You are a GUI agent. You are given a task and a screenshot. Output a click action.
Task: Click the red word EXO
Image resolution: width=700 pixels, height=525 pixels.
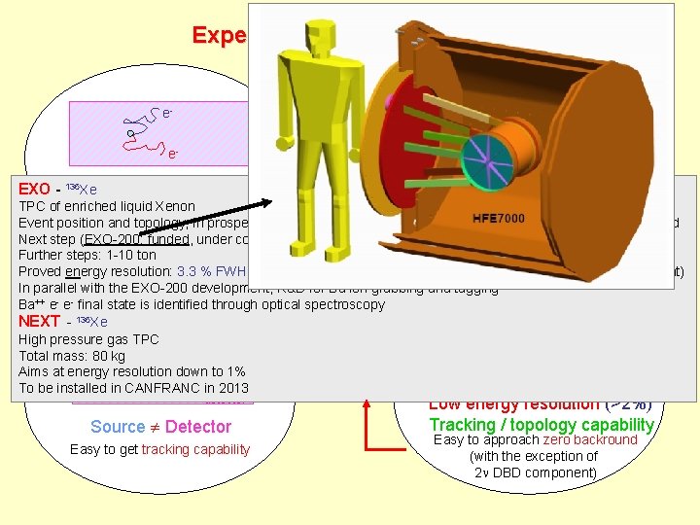(x=34, y=189)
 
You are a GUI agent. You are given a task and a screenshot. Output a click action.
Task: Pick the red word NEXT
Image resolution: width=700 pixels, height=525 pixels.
(x=40, y=321)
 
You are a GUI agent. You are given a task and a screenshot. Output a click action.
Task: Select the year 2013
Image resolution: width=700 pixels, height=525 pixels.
(x=232, y=387)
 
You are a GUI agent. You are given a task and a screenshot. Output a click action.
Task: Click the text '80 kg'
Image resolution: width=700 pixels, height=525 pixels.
(x=105, y=355)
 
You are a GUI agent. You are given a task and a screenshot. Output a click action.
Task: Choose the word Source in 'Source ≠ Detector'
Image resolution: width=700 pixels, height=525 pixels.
(x=118, y=426)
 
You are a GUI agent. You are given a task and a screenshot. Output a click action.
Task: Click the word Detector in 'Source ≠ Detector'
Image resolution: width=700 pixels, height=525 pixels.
(x=198, y=426)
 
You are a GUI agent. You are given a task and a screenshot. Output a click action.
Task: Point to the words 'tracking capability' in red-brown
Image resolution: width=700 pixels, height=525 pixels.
(x=195, y=448)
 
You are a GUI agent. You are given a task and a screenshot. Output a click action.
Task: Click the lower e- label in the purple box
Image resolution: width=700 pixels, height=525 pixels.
(x=173, y=154)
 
